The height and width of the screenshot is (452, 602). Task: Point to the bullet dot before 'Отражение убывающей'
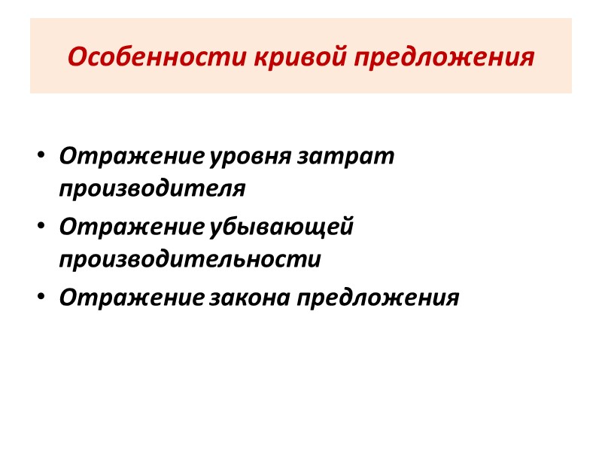(41, 227)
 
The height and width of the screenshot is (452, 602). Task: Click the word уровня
(252, 157)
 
